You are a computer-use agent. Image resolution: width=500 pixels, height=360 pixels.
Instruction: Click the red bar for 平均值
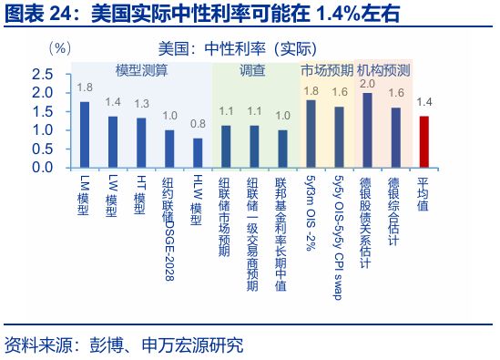(x=423, y=141)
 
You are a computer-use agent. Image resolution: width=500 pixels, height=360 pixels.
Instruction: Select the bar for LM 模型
(x=85, y=134)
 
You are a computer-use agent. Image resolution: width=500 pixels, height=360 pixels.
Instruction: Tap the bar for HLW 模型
(x=197, y=152)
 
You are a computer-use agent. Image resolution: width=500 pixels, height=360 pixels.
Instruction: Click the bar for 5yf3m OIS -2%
(x=311, y=133)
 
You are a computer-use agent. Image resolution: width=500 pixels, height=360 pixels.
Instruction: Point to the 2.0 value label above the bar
(x=368, y=84)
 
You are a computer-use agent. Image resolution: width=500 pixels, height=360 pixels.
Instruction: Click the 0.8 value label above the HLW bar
(x=198, y=124)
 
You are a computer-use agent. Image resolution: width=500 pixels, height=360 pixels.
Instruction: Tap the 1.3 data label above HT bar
(x=141, y=104)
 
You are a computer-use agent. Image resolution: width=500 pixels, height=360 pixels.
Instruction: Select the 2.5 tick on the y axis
(x=41, y=73)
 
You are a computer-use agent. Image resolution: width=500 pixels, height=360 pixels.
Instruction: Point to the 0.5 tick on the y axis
(x=41, y=149)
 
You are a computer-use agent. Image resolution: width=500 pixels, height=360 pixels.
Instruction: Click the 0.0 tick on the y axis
(x=41, y=168)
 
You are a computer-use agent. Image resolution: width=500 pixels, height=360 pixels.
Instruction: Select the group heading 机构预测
(x=383, y=70)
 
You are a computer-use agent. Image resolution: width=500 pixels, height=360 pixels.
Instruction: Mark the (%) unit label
(x=59, y=46)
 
